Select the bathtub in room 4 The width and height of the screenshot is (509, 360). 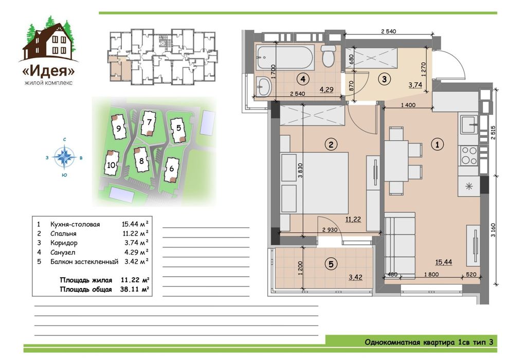285,58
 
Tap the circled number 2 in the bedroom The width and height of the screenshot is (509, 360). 331,144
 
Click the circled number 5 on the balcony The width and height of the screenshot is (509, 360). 331,264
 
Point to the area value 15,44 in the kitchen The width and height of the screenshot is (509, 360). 443,262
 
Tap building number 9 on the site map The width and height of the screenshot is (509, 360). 118,128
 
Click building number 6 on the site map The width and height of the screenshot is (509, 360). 171,169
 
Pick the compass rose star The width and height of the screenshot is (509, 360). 65,157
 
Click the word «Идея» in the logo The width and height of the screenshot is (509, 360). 49,71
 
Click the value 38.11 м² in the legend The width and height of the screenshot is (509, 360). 134,289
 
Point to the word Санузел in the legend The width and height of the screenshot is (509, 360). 63,252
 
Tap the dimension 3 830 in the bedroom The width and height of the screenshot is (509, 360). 300,170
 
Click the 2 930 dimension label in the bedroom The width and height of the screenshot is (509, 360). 330,230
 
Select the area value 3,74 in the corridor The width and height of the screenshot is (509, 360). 415,85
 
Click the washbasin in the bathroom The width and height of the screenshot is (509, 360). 264,86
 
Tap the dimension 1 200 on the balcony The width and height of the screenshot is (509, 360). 300,268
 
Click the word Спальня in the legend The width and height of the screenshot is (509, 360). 63,233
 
